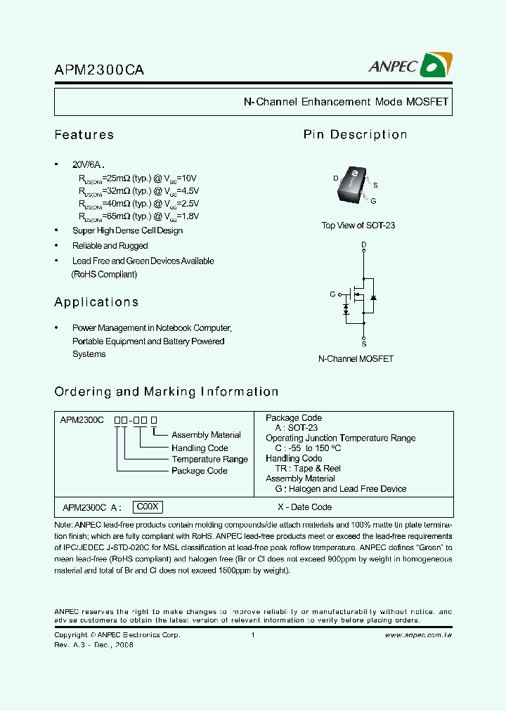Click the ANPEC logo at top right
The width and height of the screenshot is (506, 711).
coord(410,67)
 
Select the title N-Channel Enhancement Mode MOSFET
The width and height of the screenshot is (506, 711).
coord(345,102)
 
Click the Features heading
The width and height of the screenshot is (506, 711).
coord(84,135)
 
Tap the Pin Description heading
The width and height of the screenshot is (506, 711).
coord(355,135)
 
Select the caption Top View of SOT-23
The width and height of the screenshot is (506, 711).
coord(358,226)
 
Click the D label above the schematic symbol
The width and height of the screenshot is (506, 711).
coord(363,244)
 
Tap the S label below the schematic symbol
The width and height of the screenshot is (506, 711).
coord(363,344)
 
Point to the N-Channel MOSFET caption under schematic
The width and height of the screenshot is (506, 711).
coord(356,359)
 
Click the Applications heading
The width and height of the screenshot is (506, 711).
coord(96,302)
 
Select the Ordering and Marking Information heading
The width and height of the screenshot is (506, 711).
coord(167,392)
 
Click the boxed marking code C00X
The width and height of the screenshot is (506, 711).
coord(149,507)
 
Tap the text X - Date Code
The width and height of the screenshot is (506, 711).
coord(304,507)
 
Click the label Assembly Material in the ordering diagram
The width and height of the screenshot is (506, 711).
coord(206,436)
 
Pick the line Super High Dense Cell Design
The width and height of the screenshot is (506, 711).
coord(127,230)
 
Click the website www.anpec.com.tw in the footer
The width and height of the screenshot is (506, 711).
coord(418,635)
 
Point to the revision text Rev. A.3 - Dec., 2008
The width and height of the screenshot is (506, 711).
coord(93,645)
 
